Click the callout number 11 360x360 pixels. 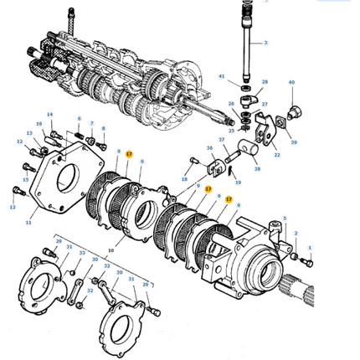point(28,223)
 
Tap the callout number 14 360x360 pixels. point(49,115)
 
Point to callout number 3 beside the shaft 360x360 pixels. point(265,42)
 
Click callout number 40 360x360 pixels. point(291,83)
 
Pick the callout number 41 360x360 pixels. point(222,77)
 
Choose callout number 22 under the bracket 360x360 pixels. point(277,154)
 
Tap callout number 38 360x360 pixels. point(257,168)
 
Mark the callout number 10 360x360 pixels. point(110,249)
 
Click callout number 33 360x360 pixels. point(82,252)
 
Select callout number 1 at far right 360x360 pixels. point(309,248)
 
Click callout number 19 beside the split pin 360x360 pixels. point(238,182)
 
